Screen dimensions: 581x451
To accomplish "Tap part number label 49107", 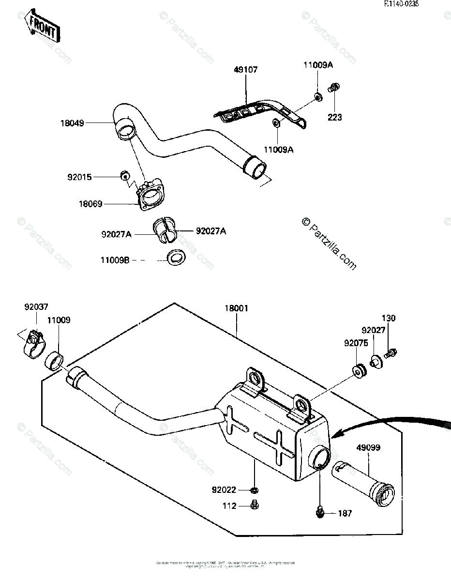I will tap(246, 70).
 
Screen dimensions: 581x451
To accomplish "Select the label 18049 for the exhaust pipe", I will tap(73, 123).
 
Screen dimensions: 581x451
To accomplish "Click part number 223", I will tap(335, 117).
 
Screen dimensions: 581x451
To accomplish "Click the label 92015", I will tap(79, 177).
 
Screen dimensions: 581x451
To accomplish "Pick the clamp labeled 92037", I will tap(33, 342).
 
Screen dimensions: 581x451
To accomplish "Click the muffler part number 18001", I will tap(237, 308).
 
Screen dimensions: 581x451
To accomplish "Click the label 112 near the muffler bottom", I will tap(230, 506).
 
